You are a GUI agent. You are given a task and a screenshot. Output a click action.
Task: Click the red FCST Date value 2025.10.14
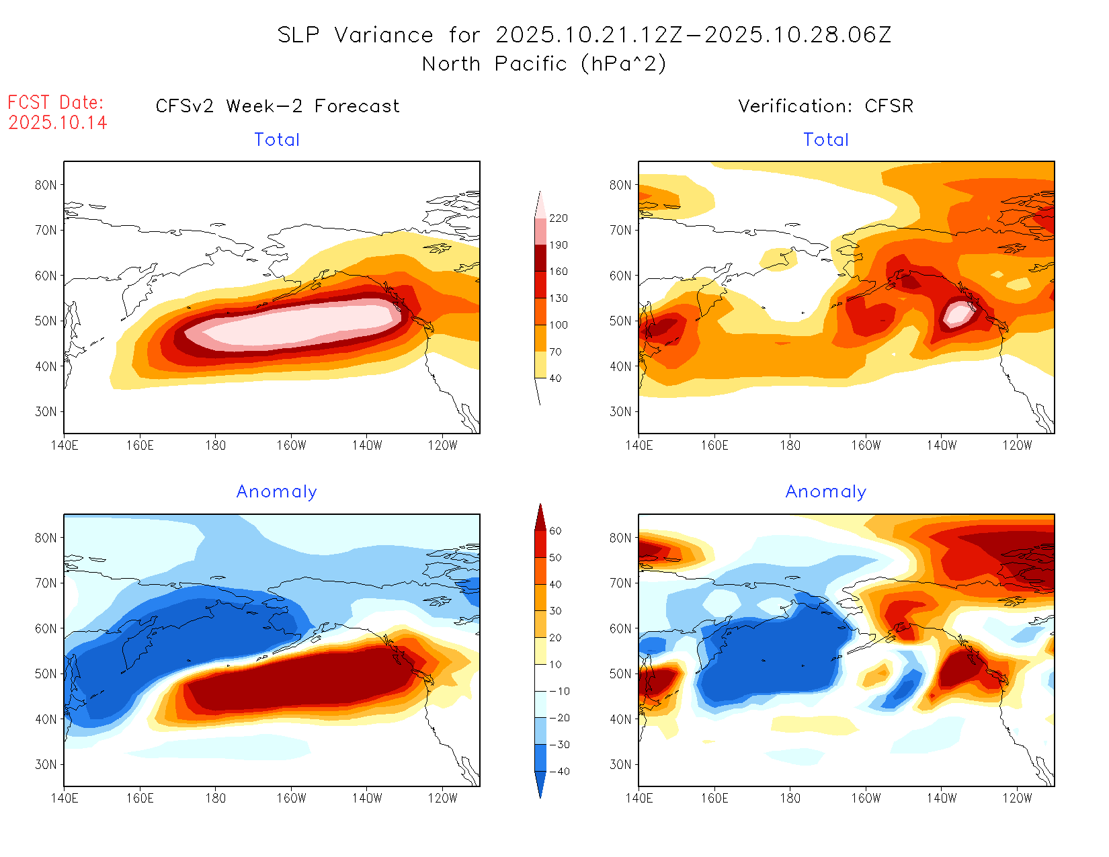[58, 122]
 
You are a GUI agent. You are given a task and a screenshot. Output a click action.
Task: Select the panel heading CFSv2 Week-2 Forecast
[277, 106]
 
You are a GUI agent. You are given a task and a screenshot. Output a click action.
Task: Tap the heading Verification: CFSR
[825, 106]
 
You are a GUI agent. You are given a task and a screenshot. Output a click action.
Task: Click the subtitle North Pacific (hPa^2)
[544, 64]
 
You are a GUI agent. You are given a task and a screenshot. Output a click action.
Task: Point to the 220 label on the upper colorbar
[558, 218]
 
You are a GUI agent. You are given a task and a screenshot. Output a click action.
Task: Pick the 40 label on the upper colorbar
[555, 378]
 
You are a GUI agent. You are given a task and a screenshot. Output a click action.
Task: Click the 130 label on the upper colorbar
[558, 298]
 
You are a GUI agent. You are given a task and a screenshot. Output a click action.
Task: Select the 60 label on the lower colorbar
[555, 531]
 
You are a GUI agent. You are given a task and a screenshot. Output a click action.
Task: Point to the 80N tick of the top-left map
[46, 185]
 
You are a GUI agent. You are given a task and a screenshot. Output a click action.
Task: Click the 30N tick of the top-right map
[620, 411]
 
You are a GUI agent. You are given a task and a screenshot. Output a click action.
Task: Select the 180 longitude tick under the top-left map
[215, 445]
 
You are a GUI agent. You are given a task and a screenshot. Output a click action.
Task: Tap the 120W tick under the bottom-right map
[1016, 798]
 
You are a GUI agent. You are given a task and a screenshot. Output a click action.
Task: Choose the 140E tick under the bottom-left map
[65, 798]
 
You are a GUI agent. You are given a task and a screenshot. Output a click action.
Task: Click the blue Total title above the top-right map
[826, 140]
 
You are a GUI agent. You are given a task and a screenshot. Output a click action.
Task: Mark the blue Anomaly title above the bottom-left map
[276, 492]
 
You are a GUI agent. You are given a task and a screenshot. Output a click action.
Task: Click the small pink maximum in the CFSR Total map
[957, 313]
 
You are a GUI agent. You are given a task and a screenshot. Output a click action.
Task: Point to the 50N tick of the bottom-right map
[620, 674]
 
